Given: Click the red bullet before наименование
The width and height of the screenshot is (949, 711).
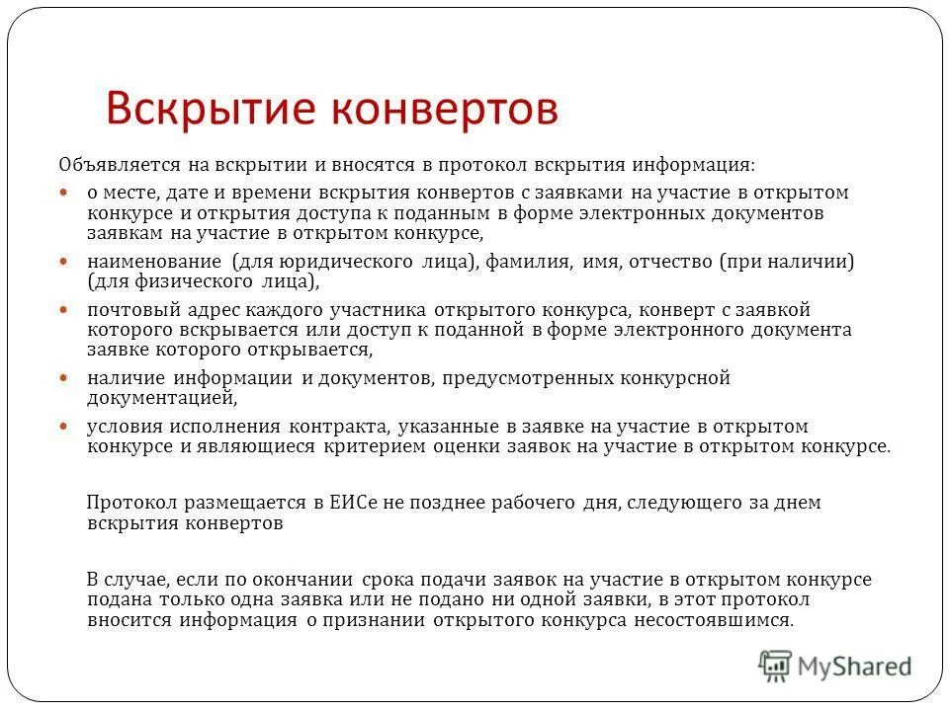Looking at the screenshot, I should coord(64,263).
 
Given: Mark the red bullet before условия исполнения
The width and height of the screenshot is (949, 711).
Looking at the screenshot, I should coord(64,426).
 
